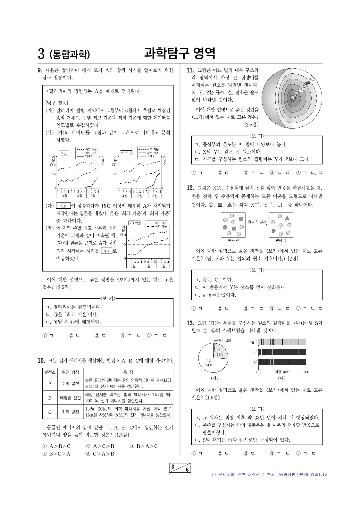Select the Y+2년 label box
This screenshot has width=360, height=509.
pos(134,223)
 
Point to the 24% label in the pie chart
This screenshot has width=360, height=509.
pos(220,355)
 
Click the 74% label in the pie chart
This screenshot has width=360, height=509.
pos(209,365)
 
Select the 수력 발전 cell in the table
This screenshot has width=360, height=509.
pos(70,383)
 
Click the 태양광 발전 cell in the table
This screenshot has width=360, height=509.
pos(70,398)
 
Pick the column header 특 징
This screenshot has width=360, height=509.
pos(128,372)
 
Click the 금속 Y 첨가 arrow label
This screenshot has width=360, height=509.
pos(257,222)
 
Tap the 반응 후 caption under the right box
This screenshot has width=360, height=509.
pos(281,240)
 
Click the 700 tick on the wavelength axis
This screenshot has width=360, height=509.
pos(306,372)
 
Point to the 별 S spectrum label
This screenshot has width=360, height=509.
pos(254,342)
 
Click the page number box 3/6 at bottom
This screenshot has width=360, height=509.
pos(180,468)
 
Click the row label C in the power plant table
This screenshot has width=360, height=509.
pos(50,412)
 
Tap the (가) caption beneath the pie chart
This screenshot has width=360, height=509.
pos(214,378)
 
